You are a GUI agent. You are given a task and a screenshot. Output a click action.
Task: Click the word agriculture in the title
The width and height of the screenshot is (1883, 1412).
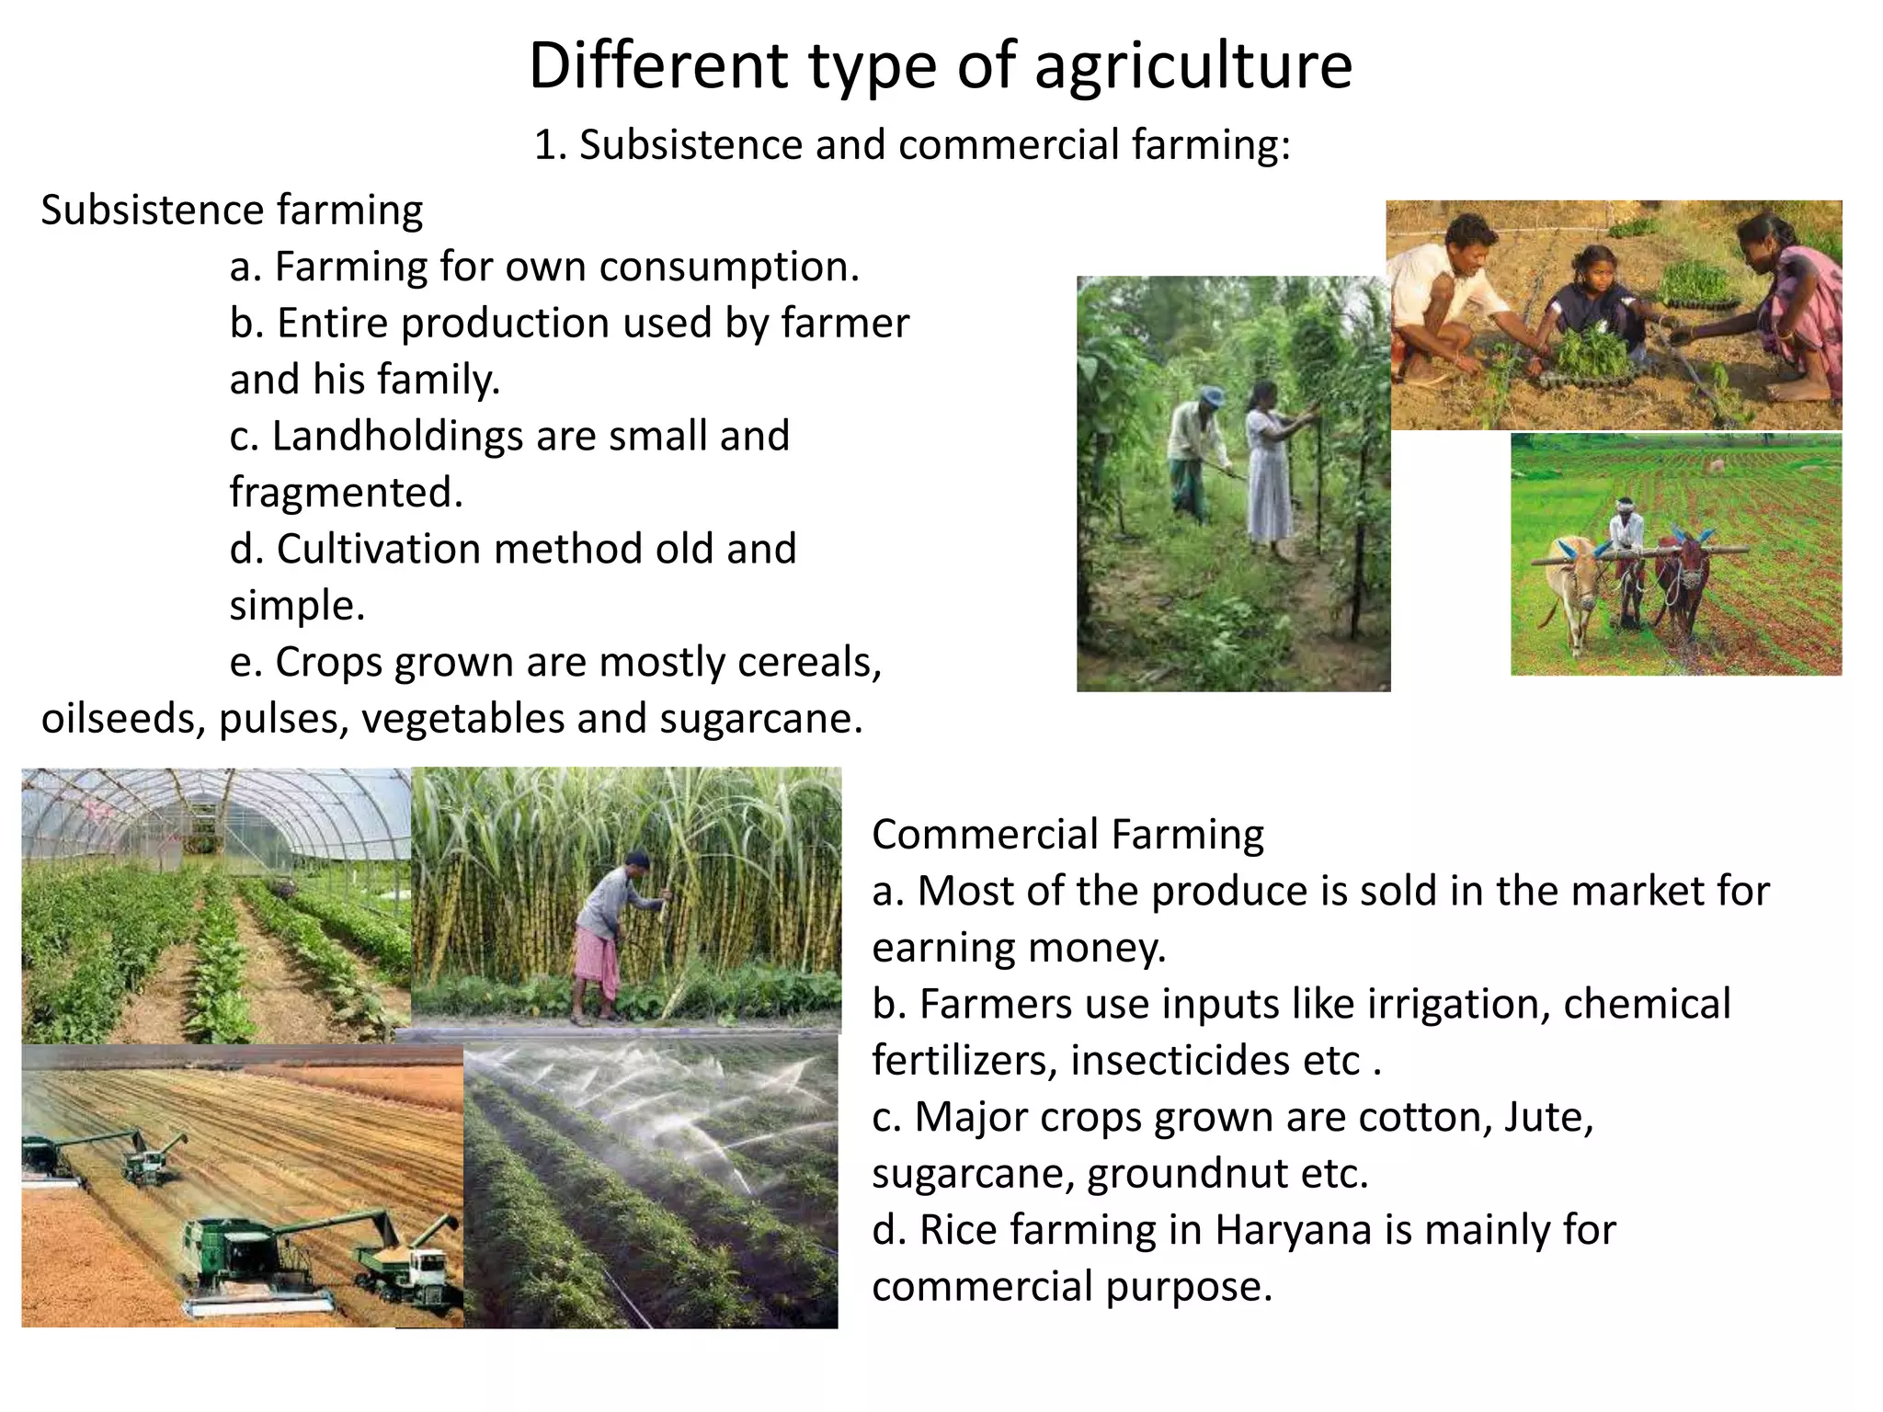click(1193, 66)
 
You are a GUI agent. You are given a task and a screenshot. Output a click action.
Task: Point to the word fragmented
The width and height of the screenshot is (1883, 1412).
click(346, 492)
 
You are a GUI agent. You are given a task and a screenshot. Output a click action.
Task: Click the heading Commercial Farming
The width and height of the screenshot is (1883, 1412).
click(1067, 835)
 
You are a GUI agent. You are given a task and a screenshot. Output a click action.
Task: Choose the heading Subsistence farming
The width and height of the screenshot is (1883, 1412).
click(232, 211)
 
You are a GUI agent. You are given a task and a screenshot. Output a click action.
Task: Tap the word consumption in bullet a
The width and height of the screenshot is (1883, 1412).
click(729, 267)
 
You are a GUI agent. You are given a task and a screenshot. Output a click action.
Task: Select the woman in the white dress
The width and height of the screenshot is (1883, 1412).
click(1270, 469)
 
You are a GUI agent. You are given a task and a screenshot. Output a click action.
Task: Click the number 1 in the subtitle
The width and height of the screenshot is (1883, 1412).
click(545, 145)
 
